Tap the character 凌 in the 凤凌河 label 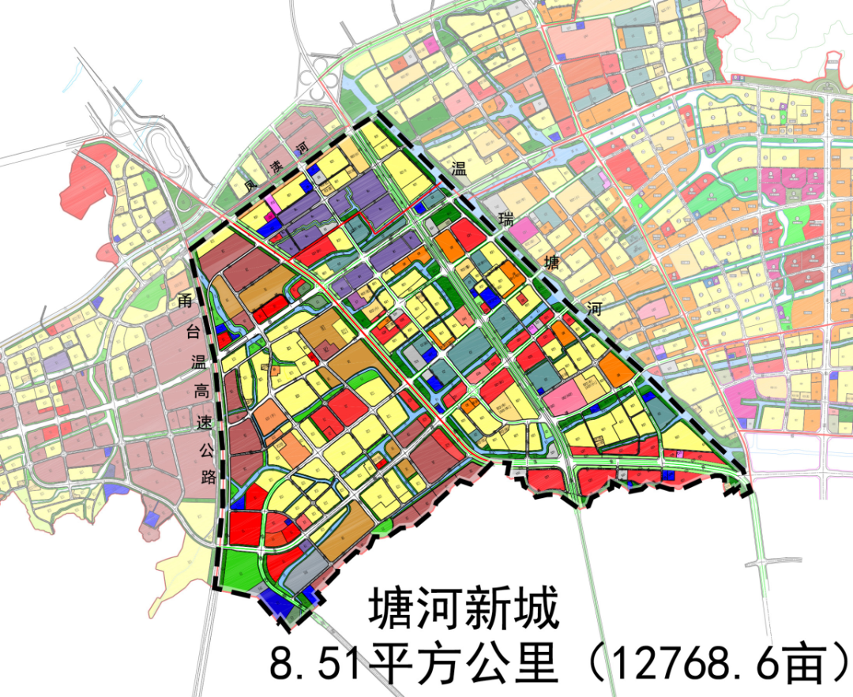[276, 168]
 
